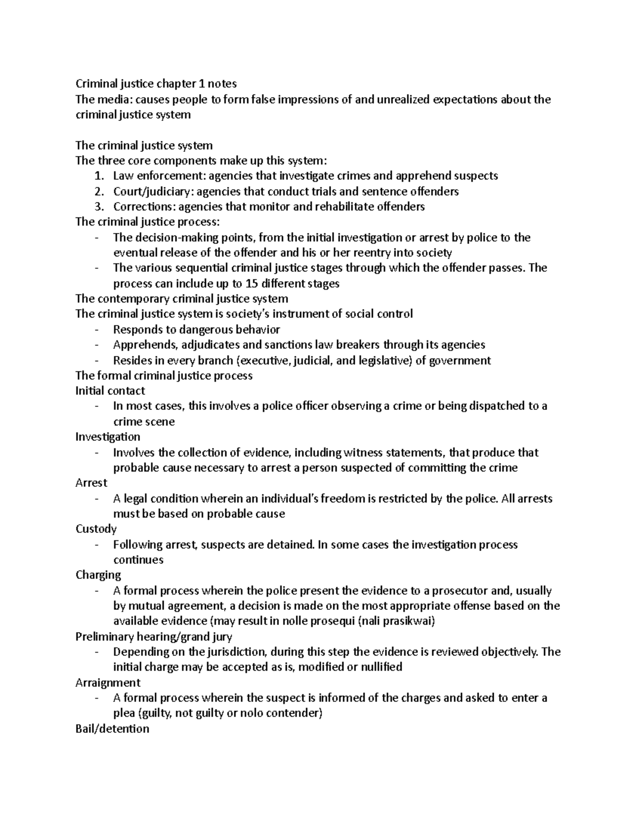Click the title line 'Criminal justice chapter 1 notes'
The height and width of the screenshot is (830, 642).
(156, 83)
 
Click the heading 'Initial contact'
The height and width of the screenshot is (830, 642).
(110, 391)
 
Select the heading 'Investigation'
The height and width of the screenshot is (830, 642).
(108, 437)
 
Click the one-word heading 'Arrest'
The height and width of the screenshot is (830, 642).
(91, 483)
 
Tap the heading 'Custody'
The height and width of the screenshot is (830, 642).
(96, 529)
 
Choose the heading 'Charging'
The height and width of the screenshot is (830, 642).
(98, 575)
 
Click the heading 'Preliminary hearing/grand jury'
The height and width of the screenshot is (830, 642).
(154, 637)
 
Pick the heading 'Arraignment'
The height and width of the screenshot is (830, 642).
(108, 682)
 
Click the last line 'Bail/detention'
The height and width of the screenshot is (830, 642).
(112, 728)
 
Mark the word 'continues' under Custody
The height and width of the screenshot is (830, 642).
(138, 560)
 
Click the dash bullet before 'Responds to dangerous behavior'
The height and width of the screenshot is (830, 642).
(96, 330)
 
